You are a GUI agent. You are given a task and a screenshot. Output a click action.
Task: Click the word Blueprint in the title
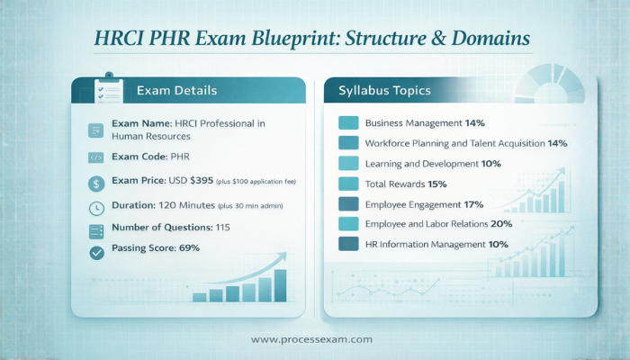tap(298, 39)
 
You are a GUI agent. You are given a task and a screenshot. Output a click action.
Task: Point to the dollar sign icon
tap(96, 183)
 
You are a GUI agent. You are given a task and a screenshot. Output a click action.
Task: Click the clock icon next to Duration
tap(96, 208)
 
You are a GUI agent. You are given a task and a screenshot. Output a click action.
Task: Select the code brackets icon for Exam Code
tap(96, 157)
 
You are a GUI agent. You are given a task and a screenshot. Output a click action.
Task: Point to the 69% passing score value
tap(189, 247)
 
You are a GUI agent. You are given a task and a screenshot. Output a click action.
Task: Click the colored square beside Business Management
tap(348, 122)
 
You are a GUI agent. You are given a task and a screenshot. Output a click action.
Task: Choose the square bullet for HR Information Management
tap(348, 244)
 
